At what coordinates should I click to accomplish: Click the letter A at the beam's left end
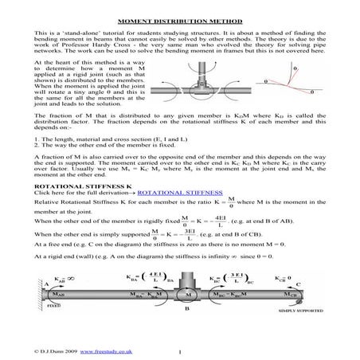[48, 284]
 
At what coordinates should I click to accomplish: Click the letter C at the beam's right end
[296, 284]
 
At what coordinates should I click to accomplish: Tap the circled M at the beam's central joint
[189, 292]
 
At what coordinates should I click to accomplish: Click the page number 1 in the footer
[182, 350]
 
